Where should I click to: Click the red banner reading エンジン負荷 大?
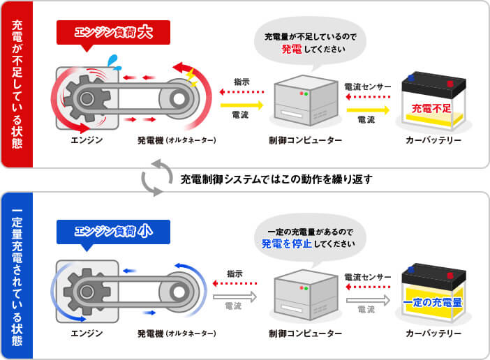tap(113, 32)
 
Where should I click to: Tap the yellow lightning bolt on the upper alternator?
tap(191, 75)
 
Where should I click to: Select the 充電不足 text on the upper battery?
tap(431, 109)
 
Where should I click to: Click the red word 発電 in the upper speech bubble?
tap(291, 50)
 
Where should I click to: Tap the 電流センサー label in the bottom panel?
tap(367, 277)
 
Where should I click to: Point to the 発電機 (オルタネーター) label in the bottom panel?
tap(177, 334)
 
